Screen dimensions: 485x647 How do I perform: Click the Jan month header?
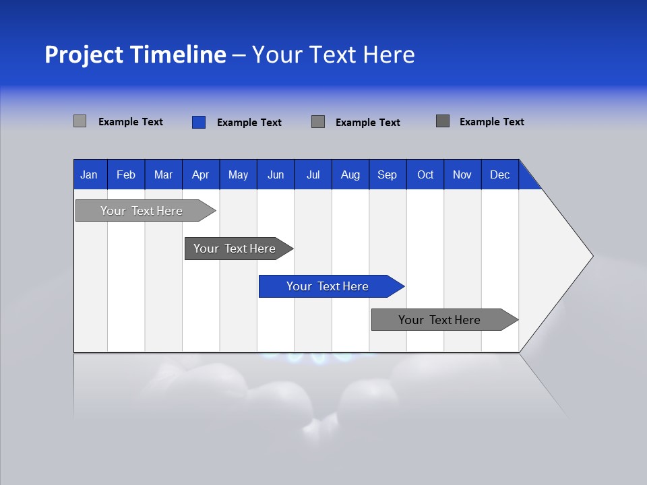(x=89, y=174)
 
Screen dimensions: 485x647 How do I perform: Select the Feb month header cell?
(x=126, y=174)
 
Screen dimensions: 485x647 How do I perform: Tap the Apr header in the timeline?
(x=201, y=174)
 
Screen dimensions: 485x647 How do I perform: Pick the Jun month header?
(x=276, y=174)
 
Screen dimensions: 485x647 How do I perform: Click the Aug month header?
(x=350, y=174)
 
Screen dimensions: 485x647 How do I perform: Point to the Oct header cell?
(x=425, y=174)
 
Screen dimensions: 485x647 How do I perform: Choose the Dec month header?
(x=500, y=174)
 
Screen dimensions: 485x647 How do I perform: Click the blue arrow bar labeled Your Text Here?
(x=328, y=286)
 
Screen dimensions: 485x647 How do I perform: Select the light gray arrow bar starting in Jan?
(x=142, y=211)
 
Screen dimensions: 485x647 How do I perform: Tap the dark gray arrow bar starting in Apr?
(x=235, y=249)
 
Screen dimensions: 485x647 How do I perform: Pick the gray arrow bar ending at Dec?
(x=439, y=320)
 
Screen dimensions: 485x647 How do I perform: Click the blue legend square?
(x=199, y=122)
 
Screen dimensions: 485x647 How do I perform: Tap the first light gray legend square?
(x=80, y=121)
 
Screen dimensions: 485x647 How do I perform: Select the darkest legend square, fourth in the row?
(x=443, y=121)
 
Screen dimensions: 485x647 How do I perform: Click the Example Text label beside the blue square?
(x=249, y=123)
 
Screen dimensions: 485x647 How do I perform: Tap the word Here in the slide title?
(x=389, y=55)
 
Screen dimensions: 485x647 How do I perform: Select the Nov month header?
(x=462, y=174)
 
